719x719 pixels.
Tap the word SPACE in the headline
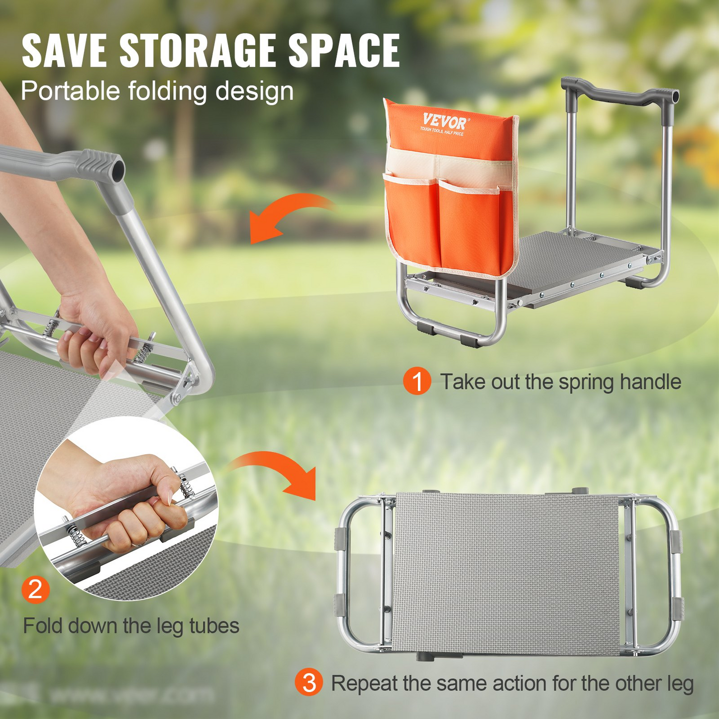(x=344, y=51)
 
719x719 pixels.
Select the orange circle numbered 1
(x=417, y=382)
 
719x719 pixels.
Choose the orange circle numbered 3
(x=309, y=683)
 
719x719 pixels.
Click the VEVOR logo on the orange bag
(x=444, y=121)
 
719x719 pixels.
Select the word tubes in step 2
(x=214, y=625)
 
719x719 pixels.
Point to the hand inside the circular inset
(x=124, y=503)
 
